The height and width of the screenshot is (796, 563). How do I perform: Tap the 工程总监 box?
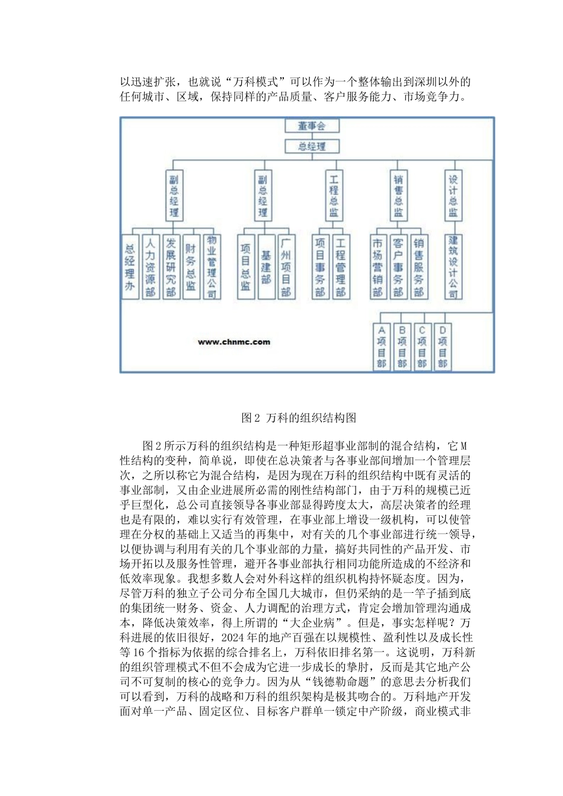click(334, 195)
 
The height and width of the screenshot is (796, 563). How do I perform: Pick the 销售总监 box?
click(398, 195)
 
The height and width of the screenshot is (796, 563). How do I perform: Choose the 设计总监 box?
click(453, 195)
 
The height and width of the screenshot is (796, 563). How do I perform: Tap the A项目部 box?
click(382, 347)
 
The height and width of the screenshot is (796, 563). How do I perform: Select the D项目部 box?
click(442, 347)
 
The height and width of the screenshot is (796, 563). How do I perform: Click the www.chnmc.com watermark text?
click(234, 342)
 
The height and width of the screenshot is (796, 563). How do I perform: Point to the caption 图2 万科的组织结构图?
click(299, 418)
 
